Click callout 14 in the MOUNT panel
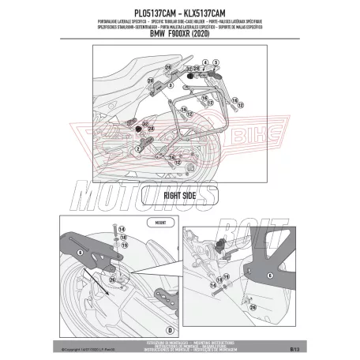tap(123, 228)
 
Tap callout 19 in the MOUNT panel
tap(123, 246)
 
